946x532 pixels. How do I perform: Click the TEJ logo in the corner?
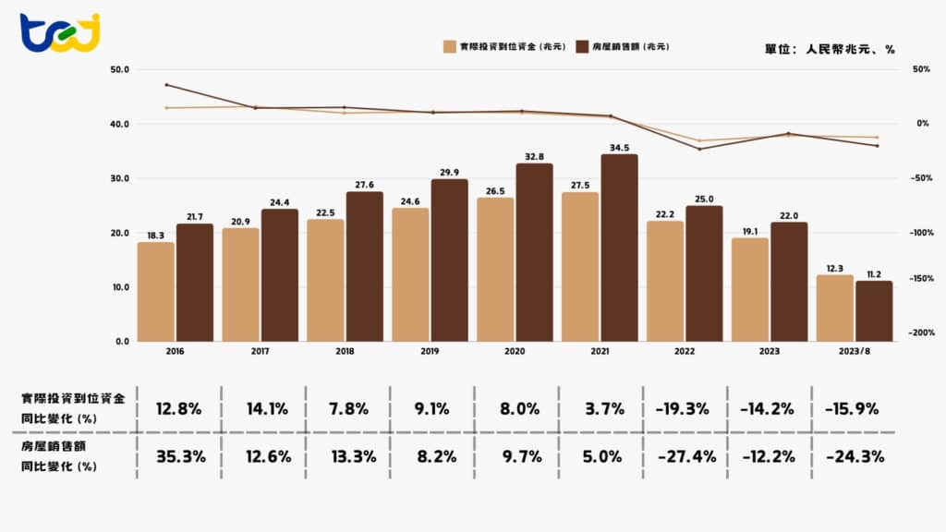60,33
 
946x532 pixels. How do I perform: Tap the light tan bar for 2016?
155,291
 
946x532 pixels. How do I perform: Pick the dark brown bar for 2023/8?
874,311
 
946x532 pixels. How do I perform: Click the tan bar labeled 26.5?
494,269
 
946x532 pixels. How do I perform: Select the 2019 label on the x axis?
430,352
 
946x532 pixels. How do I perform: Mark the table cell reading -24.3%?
855,455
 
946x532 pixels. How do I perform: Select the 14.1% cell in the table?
265,408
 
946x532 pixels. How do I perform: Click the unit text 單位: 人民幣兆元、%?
830,48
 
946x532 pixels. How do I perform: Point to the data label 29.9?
449,172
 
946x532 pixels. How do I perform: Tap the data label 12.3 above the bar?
834,267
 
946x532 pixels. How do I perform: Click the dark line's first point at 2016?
166,85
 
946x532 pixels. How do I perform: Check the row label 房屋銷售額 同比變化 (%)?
61,456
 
